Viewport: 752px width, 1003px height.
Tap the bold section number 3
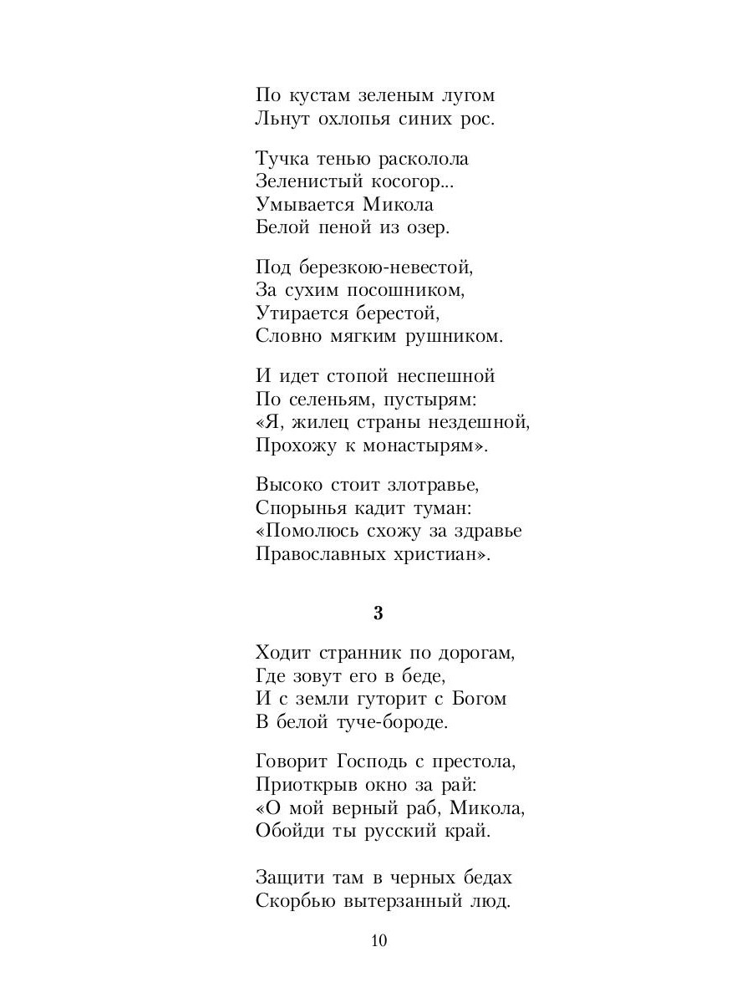click(378, 613)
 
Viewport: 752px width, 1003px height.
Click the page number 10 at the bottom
click(378, 941)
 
